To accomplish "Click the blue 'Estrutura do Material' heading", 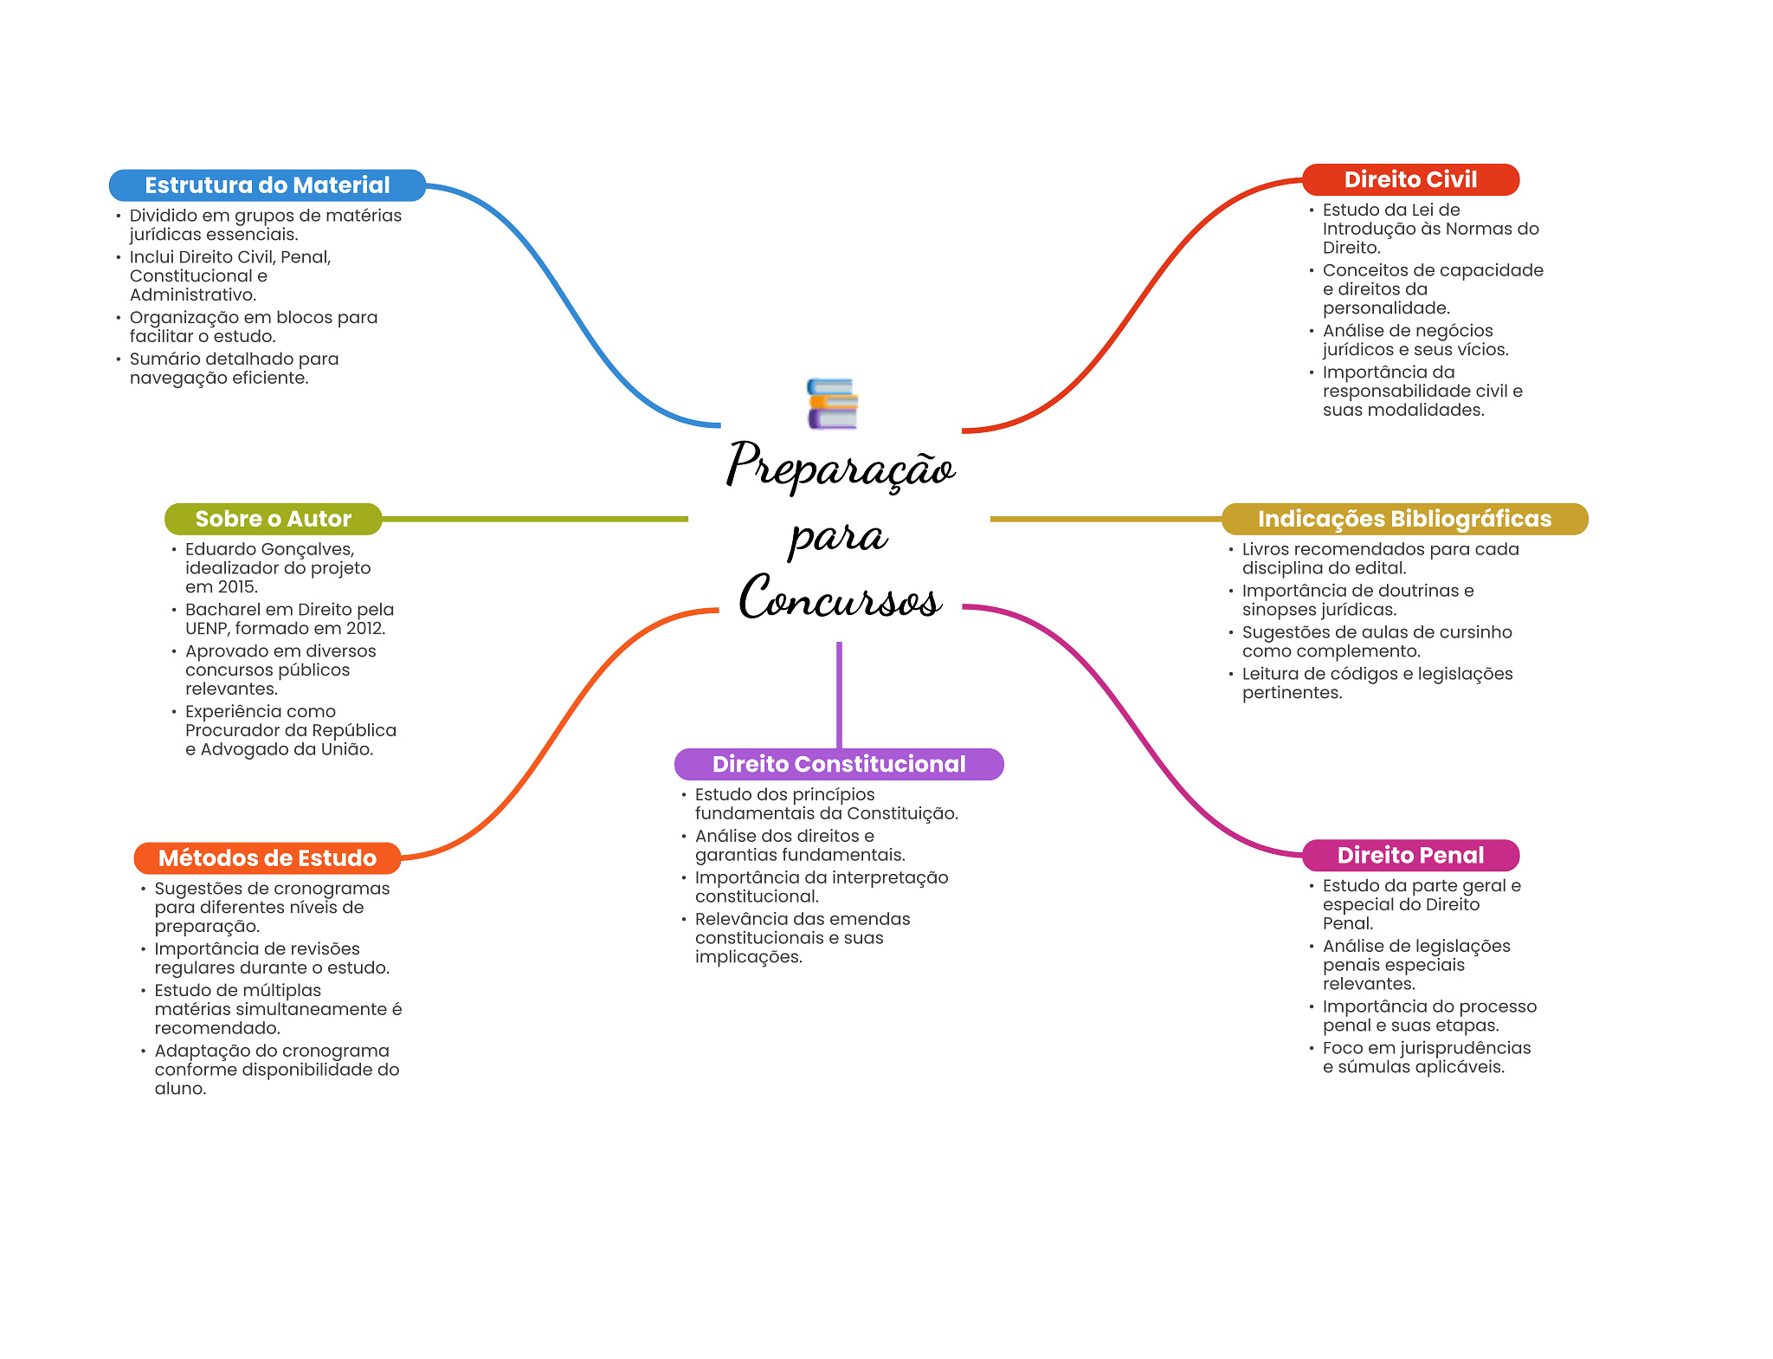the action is coord(268,185).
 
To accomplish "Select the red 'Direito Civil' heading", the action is coord(1410,179).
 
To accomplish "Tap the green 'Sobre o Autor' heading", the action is coord(273,519).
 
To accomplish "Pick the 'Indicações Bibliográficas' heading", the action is coord(1404,519).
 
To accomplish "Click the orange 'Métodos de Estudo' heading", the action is coord(268,858).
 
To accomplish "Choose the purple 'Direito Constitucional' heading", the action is coord(839,764).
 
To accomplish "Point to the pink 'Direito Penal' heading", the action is coord(1410,855).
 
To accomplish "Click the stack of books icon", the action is coord(832,404).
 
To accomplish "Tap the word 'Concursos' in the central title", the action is coord(840,598).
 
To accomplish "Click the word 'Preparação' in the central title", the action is coord(841,465).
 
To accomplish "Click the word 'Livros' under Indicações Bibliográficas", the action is coord(1266,549).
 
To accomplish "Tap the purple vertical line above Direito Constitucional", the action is coord(839,695).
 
